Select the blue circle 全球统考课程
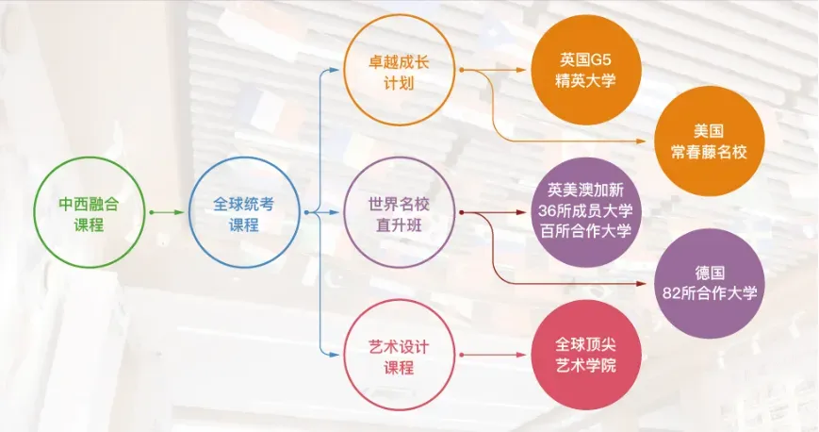click(243, 213)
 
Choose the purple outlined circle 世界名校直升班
click(398, 213)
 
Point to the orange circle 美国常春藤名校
click(707, 141)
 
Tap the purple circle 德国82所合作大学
click(707, 283)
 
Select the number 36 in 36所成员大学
click(548, 212)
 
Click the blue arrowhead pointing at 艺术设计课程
click(332, 356)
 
